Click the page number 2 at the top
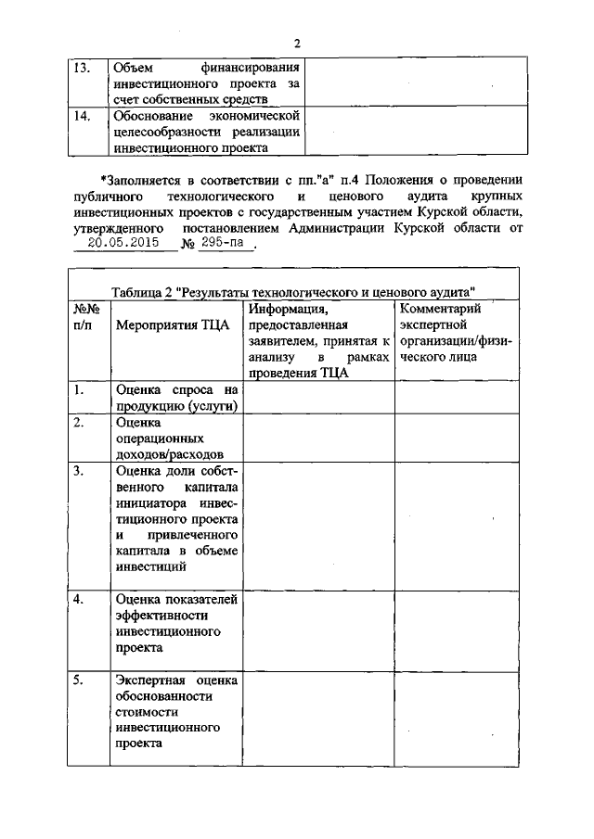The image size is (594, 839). (x=297, y=43)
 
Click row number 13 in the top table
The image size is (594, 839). (x=82, y=68)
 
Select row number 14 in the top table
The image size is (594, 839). (x=82, y=116)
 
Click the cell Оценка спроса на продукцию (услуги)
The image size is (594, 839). (x=176, y=398)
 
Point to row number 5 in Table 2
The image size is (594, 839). (x=81, y=680)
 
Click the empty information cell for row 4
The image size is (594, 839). (x=319, y=629)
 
